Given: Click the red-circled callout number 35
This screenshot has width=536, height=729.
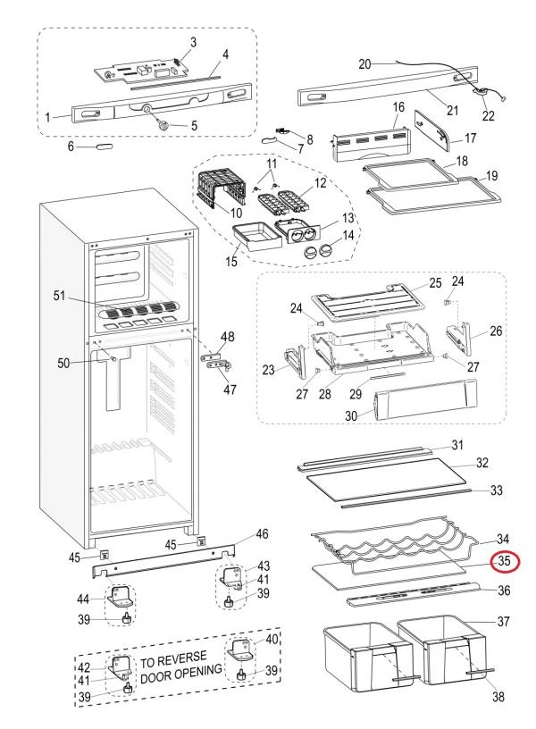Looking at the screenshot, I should point(504,562).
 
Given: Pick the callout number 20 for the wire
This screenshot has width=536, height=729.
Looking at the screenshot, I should point(364,63).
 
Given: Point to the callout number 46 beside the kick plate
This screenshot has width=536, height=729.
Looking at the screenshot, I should point(261,534).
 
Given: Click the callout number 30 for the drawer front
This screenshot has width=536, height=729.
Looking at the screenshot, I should point(352,415).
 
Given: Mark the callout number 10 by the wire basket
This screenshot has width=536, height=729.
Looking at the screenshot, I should point(236,213).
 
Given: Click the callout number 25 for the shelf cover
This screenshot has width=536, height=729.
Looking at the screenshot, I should point(435,283).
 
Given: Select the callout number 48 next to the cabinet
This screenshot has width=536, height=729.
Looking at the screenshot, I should point(228,337).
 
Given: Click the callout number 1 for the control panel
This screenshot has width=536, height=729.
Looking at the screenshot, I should point(47,116).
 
